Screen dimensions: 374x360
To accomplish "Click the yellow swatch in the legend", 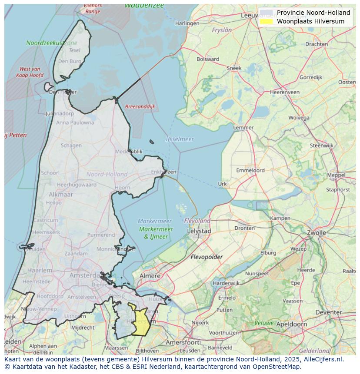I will tap(266, 21).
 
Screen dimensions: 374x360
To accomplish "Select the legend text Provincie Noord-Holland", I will tap(313, 13).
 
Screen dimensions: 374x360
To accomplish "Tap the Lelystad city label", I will tap(199, 232).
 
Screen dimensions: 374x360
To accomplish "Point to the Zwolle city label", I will tap(316, 233).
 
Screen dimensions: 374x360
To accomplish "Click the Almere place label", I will tap(150, 276).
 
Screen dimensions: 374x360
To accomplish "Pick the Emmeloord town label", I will tap(250, 171).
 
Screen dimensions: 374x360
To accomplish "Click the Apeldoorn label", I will tap(291, 324).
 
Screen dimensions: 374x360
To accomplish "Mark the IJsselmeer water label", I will tap(180, 139).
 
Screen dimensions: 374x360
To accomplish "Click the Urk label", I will tap(222, 184).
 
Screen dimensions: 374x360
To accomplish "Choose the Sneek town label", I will tap(234, 68).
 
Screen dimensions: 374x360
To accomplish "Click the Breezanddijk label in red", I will tap(140, 106).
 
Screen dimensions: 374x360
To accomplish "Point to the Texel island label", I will tap(74, 50).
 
